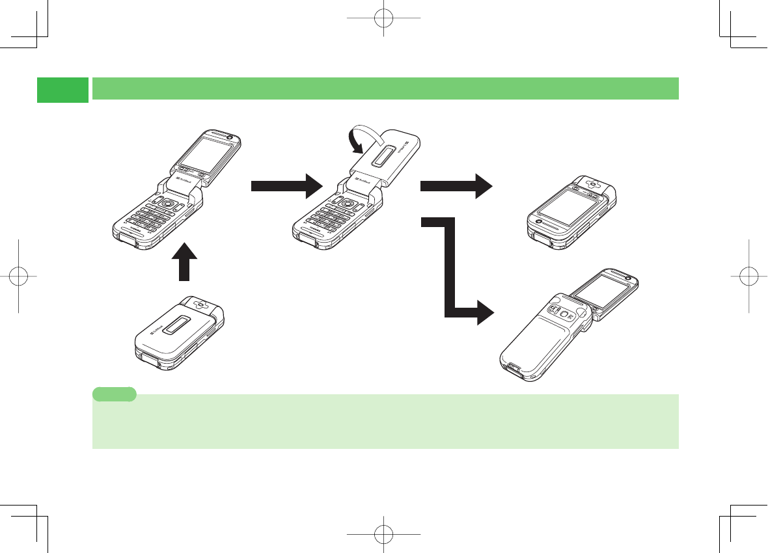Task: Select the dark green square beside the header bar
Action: (x=62, y=90)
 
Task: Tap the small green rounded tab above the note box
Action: (x=115, y=394)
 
